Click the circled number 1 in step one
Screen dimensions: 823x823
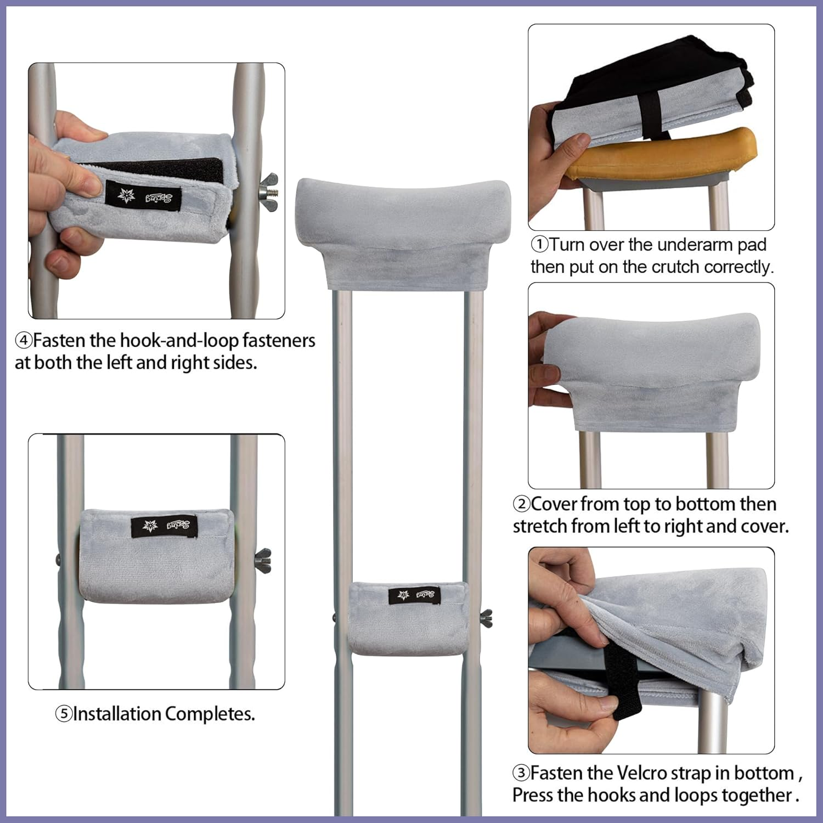[x=540, y=245]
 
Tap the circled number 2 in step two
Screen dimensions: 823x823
[x=521, y=504]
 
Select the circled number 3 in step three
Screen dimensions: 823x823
[x=521, y=773]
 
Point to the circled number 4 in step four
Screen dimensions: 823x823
[x=24, y=341]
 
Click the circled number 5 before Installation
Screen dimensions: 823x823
[x=64, y=714]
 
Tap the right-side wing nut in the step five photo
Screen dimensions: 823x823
[x=263, y=561]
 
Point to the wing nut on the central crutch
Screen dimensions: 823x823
[x=486, y=618]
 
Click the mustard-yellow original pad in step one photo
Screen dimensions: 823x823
[x=658, y=156]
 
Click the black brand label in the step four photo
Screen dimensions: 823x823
[x=143, y=194]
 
